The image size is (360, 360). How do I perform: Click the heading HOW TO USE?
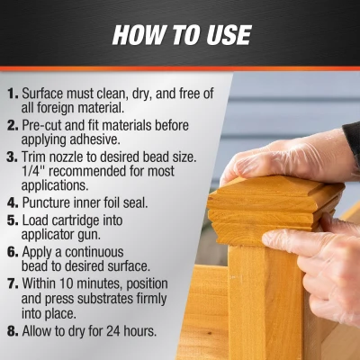coord(180,36)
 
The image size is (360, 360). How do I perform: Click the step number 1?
coord(10,93)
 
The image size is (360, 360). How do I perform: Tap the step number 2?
coord(10,128)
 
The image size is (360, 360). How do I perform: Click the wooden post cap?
coord(270,202)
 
